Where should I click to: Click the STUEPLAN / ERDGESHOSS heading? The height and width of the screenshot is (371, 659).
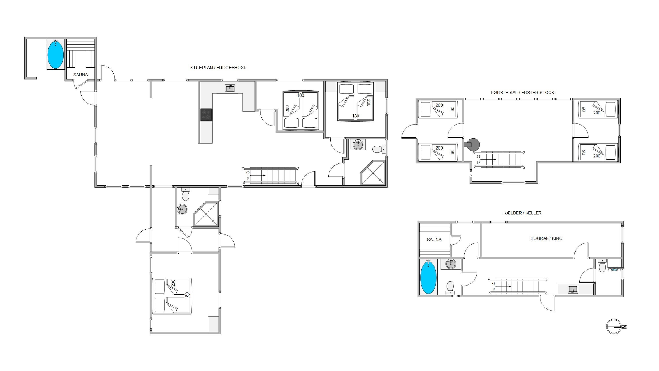tap(218, 67)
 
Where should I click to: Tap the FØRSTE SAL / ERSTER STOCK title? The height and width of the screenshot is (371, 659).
tap(522, 92)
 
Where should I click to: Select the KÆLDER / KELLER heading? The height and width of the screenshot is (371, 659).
tap(522, 213)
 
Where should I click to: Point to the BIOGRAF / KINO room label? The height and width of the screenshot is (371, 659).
tap(546, 238)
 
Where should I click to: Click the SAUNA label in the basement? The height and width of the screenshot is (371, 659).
tap(434, 240)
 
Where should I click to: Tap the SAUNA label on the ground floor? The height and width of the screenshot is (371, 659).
tap(81, 75)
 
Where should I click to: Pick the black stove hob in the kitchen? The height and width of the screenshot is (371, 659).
tap(206, 115)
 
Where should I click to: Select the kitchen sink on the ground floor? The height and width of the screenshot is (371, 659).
tap(230, 88)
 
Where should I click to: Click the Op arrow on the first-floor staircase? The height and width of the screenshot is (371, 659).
tap(488, 159)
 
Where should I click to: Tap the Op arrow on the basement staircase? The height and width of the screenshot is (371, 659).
tap(503, 286)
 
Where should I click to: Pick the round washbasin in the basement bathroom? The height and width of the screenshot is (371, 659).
tap(451, 264)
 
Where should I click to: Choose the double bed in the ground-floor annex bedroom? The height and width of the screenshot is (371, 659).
tap(172, 296)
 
